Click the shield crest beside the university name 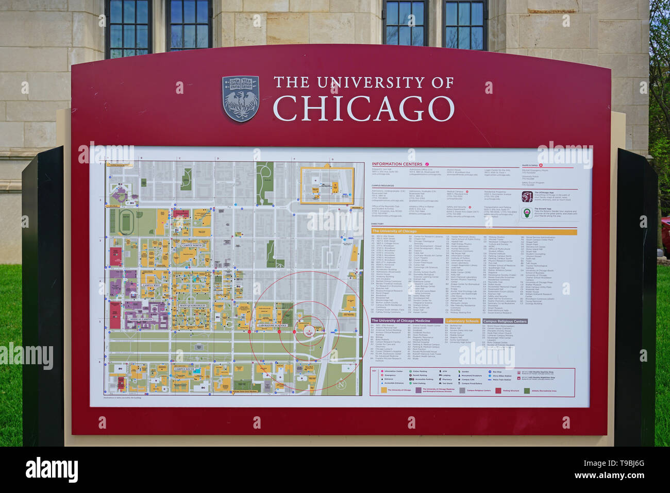[x=240, y=98]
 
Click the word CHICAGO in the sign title [x=363, y=108]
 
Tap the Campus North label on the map [x=191, y=246]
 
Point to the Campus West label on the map [x=152, y=285]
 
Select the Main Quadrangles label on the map [x=192, y=306]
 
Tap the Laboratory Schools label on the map [x=273, y=326]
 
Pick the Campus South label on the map [x=184, y=369]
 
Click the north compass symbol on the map [x=341, y=384]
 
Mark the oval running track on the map [x=125, y=222]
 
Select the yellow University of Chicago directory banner [x=474, y=231]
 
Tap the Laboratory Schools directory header [x=462, y=321]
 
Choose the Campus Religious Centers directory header [x=505, y=321]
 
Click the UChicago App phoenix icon [x=527, y=196]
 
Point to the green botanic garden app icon [x=527, y=213]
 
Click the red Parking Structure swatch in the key [x=498, y=390]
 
